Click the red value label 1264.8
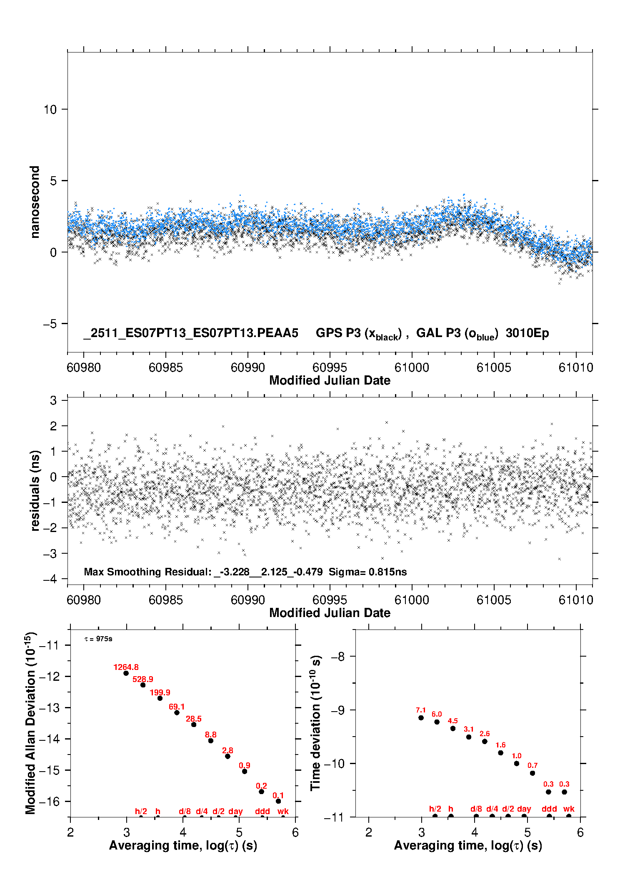coord(126,667)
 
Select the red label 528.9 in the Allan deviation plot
coord(142,679)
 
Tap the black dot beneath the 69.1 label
coord(177,712)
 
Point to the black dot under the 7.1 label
coord(421,717)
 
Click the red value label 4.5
coord(452,721)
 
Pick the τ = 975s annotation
coord(98,639)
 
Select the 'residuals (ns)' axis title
coord(35,490)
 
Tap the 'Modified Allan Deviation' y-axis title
coord(30,723)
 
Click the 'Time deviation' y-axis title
coord(316,723)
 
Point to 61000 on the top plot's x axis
coord(412,367)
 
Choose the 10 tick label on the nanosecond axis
coord(50,110)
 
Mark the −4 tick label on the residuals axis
coord(50,579)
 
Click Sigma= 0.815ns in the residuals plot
coord(367,572)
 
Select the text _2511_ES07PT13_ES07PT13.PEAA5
coord(191,333)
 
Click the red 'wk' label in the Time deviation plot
coord(569,809)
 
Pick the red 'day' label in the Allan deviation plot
coord(235,811)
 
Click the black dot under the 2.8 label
coord(227,756)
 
